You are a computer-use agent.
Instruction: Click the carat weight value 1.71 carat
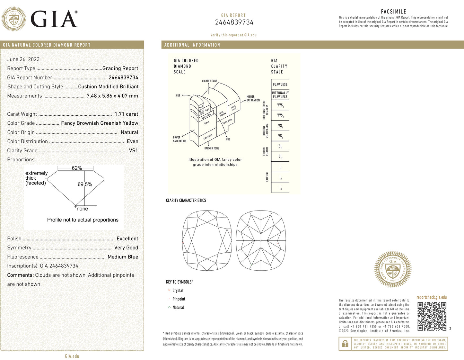click(x=126, y=114)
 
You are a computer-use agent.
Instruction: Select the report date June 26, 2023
click(x=23, y=59)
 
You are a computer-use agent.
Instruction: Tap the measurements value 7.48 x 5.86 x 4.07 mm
click(x=112, y=96)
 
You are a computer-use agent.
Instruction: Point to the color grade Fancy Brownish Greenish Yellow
click(x=100, y=123)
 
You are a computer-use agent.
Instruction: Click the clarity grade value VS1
click(x=133, y=150)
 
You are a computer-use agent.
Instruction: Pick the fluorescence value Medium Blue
click(x=123, y=257)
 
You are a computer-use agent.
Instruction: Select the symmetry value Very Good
click(x=126, y=248)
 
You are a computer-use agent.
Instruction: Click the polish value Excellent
click(x=127, y=239)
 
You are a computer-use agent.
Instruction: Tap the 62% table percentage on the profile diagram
click(x=77, y=168)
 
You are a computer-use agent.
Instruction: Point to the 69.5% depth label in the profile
click(x=85, y=184)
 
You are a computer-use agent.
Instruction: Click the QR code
click(x=432, y=316)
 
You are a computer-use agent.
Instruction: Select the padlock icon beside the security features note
click(x=345, y=344)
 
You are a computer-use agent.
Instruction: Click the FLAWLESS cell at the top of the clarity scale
click(x=280, y=85)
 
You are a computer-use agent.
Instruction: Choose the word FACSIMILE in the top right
click(x=393, y=12)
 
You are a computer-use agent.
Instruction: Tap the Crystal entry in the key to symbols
click(x=178, y=291)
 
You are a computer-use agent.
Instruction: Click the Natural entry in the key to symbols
click(x=178, y=308)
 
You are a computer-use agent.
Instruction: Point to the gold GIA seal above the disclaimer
click(x=393, y=269)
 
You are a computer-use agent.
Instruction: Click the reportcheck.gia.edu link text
click(x=432, y=297)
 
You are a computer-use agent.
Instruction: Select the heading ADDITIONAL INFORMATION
click(x=192, y=45)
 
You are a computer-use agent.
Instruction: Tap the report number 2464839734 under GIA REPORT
click(x=234, y=22)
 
